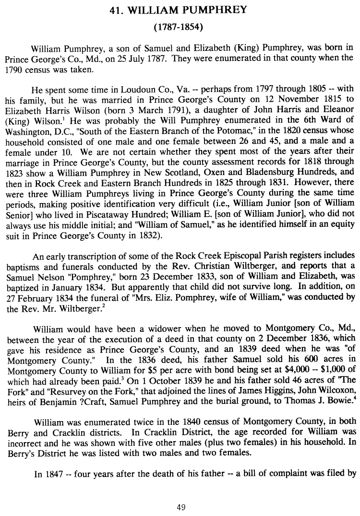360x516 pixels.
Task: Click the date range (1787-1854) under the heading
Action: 180,27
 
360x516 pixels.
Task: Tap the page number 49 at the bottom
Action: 180,508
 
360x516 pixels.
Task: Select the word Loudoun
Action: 112,89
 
